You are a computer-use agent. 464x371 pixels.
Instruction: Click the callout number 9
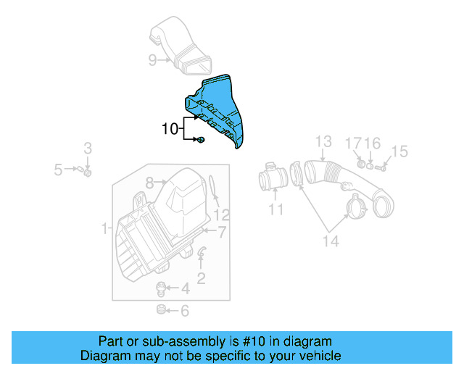[x=152, y=60]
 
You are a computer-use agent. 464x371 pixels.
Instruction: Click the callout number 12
[x=221, y=214]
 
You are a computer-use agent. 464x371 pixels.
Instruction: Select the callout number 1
[x=105, y=229]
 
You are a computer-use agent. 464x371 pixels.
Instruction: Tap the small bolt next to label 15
[x=381, y=168]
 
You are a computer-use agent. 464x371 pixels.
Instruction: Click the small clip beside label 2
[x=202, y=252]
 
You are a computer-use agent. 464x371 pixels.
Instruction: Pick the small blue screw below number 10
[x=200, y=140]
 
